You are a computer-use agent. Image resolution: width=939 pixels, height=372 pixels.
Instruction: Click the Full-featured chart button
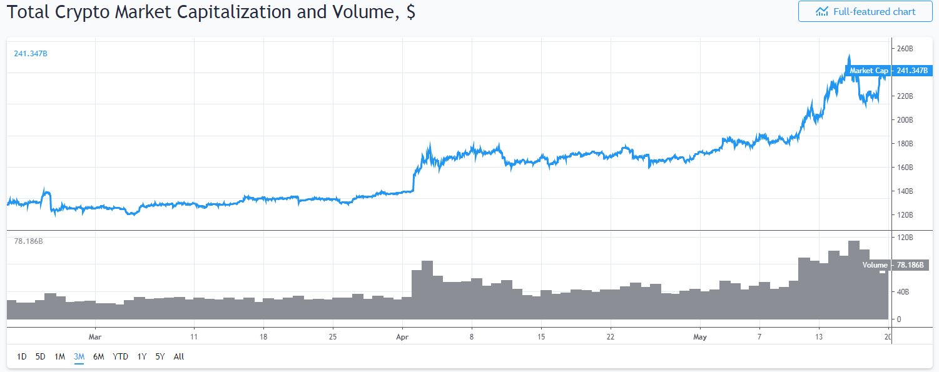[865, 12]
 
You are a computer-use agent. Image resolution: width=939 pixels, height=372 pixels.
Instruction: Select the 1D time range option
[21, 357]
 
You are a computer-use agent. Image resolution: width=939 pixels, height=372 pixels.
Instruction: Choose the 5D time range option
[41, 357]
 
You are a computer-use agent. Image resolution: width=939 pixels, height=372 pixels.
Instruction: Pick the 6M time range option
[98, 357]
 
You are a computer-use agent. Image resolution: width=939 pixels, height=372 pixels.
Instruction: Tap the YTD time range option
[120, 357]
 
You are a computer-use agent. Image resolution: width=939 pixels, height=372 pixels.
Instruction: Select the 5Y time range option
[160, 357]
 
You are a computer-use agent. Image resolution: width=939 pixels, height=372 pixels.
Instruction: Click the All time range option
[179, 357]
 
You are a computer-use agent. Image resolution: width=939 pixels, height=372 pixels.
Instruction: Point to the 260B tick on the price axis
[905, 49]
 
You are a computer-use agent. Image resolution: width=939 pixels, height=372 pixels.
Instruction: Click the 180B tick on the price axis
[905, 144]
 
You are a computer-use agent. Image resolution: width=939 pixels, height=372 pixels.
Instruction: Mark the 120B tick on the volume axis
[905, 238]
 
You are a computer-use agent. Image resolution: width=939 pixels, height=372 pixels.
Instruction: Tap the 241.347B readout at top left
[31, 54]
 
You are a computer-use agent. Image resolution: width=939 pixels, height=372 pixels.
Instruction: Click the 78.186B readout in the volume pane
[29, 241]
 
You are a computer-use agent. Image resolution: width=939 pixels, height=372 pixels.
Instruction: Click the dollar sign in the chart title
[410, 12]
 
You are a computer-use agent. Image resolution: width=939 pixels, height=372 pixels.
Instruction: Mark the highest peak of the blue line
[848, 55]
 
